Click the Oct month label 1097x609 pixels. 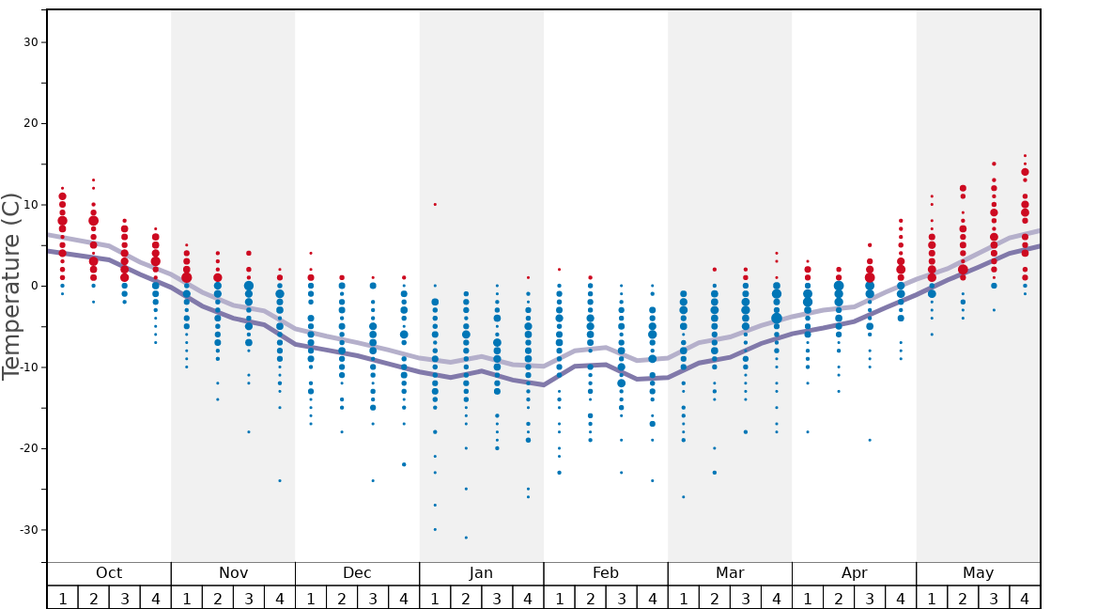[109, 573]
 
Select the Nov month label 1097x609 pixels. [233, 573]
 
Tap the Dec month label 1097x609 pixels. [357, 573]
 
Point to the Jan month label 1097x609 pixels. [481, 573]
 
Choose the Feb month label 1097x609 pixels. [605, 573]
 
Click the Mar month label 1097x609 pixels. [730, 573]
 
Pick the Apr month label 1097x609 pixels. [854, 573]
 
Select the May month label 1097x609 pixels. [978, 573]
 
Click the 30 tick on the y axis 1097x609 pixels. [30, 42]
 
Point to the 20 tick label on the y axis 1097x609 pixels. [30, 123]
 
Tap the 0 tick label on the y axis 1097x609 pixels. [34, 286]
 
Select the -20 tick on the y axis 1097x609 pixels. [27, 448]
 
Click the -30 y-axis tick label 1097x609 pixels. [27, 529]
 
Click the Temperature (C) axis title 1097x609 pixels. [11, 286]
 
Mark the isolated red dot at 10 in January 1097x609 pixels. [435, 204]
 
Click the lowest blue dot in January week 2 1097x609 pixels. [466, 538]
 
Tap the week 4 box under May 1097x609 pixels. [1024, 598]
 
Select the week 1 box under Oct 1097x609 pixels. [62, 598]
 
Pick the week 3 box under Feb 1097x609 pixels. [621, 598]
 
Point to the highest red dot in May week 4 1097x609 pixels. [1025, 155]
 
